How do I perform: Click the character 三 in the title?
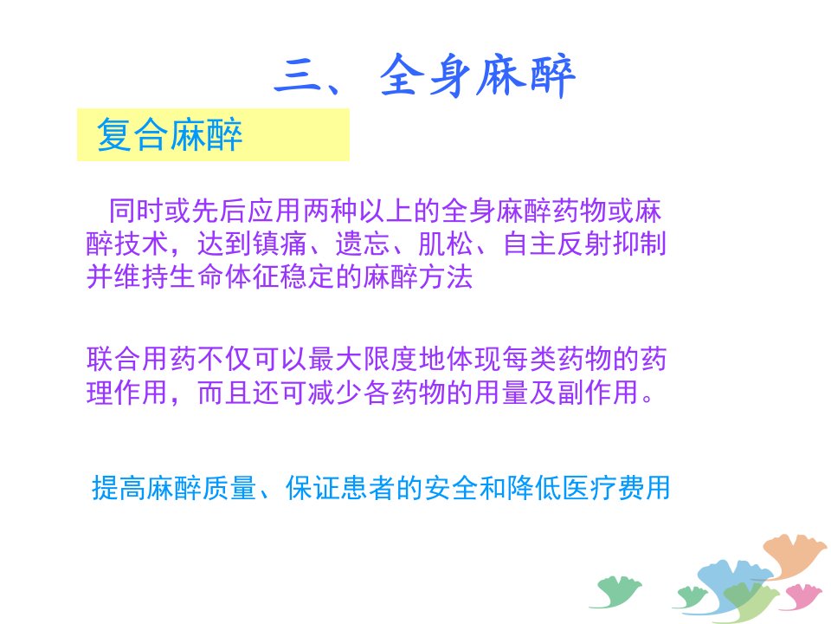[300, 77]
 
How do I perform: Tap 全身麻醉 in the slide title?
[477, 76]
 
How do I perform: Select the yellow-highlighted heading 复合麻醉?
[170, 135]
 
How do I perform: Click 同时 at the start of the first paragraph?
[136, 211]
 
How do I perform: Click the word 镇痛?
[280, 244]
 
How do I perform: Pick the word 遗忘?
[363, 244]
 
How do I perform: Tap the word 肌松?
[446, 244]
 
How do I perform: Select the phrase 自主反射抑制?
[584, 244]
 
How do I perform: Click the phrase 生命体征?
[225, 277]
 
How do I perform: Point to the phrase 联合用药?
[141, 359]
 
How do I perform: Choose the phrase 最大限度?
[363, 359]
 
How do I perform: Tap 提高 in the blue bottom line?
[119, 488]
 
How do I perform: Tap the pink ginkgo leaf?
[804, 595]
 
